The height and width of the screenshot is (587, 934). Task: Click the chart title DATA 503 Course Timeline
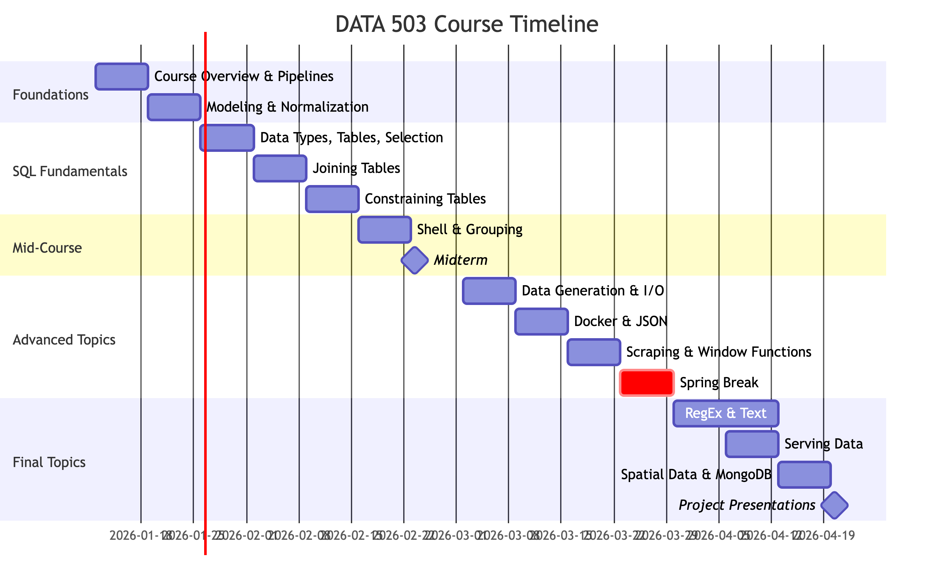tap(467, 24)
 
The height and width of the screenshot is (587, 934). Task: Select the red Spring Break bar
tap(647, 383)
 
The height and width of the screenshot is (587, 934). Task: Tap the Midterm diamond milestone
tap(415, 260)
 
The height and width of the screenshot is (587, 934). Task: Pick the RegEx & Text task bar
tap(726, 413)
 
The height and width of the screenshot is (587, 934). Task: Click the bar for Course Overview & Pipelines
tap(122, 77)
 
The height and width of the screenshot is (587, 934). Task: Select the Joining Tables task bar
tap(280, 168)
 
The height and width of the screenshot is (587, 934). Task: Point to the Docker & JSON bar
tap(541, 322)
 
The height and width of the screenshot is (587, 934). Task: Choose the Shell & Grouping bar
tap(384, 230)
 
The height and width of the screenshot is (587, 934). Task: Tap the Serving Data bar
tap(752, 444)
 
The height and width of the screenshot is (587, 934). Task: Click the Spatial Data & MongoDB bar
tap(804, 474)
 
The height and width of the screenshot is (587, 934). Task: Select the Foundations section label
tap(51, 95)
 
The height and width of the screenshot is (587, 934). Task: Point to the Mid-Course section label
tap(47, 248)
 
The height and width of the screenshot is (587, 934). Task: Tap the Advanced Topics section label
tap(64, 340)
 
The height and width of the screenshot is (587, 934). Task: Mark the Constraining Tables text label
tap(425, 199)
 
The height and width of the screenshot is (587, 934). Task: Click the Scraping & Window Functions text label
tap(719, 352)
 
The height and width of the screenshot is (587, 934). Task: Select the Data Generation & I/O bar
tap(489, 291)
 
